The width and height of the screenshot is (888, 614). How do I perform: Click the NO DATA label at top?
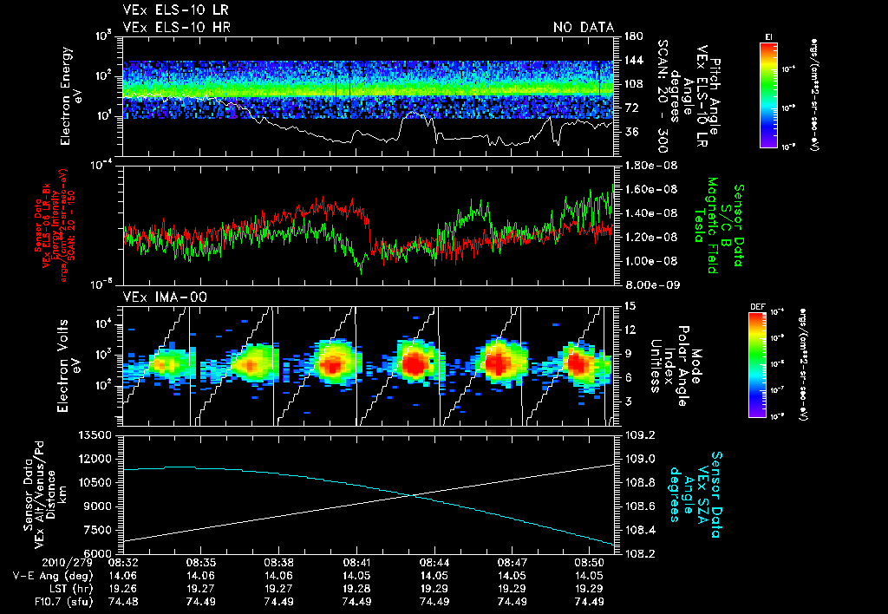click(583, 28)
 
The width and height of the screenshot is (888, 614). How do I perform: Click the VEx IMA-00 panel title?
click(156, 297)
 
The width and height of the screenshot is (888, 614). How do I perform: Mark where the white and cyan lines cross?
click(409, 495)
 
